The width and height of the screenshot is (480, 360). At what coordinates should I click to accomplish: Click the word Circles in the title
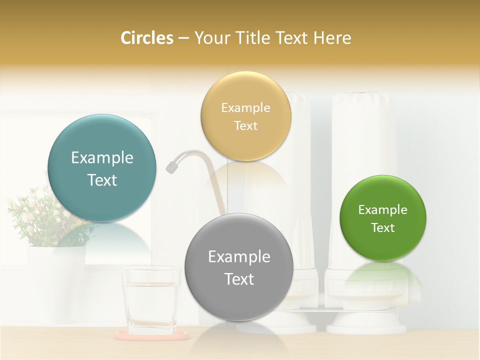[x=146, y=38]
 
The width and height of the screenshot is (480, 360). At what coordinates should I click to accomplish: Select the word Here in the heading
[x=332, y=38]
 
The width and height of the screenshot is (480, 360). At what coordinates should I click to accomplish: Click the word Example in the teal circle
[x=102, y=158]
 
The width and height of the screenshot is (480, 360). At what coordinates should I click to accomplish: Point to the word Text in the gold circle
[x=245, y=126]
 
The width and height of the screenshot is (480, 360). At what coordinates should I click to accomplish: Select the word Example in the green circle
[x=382, y=210]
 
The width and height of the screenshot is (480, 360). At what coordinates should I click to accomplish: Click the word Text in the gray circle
[x=239, y=279]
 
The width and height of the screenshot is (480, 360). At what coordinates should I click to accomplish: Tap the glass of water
[x=151, y=300]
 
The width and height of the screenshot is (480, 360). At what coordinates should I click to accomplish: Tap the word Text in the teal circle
[x=102, y=180]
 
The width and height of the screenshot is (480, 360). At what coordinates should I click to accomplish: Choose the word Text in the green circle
[x=382, y=228]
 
